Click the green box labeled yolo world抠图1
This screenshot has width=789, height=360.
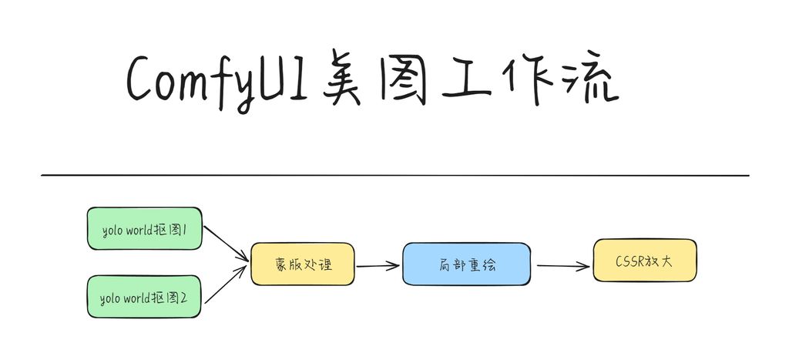click(145, 228)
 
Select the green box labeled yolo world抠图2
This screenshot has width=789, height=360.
click(145, 297)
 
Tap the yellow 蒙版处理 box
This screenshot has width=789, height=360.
click(303, 264)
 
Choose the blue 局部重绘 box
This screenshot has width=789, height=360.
click(466, 264)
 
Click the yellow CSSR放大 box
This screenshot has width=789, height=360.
click(644, 261)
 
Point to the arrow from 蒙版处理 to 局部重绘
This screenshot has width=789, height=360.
click(378, 266)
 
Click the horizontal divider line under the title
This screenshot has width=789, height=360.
click(394, 176)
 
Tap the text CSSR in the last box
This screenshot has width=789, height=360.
click(629, 261)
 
